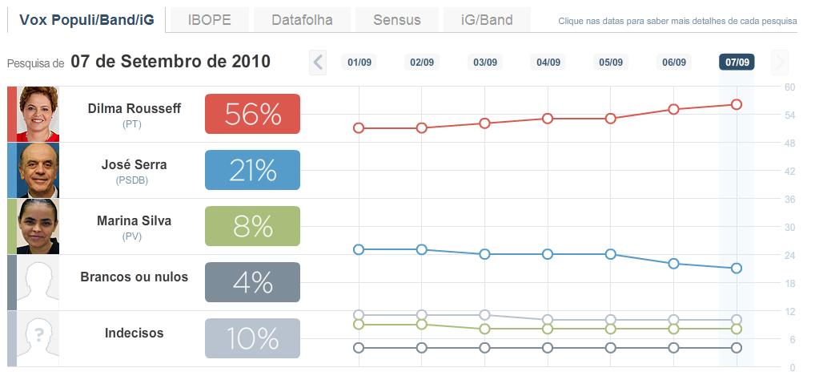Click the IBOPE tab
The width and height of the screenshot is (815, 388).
pyautogui.click(x=209, y=20)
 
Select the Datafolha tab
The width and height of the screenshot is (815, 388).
pyautogui.click(x=301, y=20)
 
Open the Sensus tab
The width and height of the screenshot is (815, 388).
pyautogui.click(x=396, y=20)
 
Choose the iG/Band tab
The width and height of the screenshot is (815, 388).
pyautogui.click(x=487, y=20)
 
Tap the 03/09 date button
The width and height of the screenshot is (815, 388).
pyautogui.click(x=485, y=62)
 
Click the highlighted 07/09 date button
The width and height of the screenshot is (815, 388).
pyautogui.click(x=737, y=62)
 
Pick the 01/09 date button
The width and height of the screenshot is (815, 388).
pyautogui.click(x=359, y=62)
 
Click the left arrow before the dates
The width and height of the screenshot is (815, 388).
pyautogui.click(x=318, y=62)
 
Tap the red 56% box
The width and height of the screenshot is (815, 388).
pyautogui.click(x=252, y=114)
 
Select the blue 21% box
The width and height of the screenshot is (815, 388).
pyautogui.click(x=252, y=170)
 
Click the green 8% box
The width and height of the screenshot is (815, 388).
pyautogui.click(x=252, y=226)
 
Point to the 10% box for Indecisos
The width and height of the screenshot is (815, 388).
pyautogui.click(x=252, y=338)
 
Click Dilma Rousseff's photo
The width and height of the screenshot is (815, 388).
pyautogui.click(x=38, y=114)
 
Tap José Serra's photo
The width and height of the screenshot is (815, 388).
pyautogui.click(x=38, y=170)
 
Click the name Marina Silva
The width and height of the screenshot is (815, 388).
pyautogui.click(x=134, y=220)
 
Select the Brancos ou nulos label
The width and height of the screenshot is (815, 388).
pyautogui.click(x=134, y=277)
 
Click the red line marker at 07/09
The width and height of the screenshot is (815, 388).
pyautogui.click(x=737, y=104)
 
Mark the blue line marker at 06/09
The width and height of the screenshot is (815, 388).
pyautogui.click(x=673, y=263)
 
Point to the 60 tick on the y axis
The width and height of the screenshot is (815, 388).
pyautogui.click(x=789, y=87)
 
